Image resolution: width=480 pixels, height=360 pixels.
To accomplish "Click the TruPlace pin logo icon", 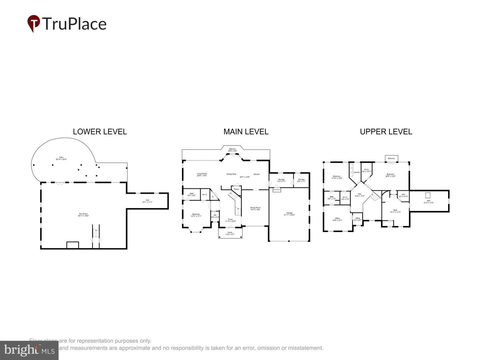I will click(x=33, y=23).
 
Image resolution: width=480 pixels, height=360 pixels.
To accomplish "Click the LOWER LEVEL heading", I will click(x=100, y=132).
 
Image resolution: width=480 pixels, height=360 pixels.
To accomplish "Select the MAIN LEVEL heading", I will click(x=246, y=132).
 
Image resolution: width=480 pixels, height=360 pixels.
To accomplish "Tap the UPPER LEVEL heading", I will click(x=386, y=132).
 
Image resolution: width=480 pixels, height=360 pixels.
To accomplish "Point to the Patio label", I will click(x=61, y=157).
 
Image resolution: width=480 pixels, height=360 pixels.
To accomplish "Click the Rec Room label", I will click(x=83, y=214).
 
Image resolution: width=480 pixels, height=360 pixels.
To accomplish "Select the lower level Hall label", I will click(x=147, y=200).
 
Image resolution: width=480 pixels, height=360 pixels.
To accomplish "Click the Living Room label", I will click(x=202, y=174).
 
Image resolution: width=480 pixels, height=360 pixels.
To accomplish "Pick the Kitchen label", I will click(x=256, y=174).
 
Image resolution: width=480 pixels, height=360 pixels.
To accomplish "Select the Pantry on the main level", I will click(x=236, y=189).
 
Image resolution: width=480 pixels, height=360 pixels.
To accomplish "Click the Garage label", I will click(x=289, y=213).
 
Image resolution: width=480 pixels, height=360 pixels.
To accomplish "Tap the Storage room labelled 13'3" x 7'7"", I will click(x=281, y=180).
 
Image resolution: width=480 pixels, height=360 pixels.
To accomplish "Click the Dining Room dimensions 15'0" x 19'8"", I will click(x=255, y=210).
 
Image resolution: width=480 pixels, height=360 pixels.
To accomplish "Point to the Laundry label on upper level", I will click(x=357, y=172).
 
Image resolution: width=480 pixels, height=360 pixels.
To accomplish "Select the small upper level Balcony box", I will click(x=391, y=158).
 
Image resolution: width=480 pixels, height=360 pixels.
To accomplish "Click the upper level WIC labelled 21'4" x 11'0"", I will click(x=428, y=202).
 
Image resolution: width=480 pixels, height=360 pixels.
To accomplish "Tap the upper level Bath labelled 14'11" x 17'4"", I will click(x=395, y=211).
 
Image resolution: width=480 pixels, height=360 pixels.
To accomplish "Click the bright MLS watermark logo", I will click(x=29, y=350).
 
